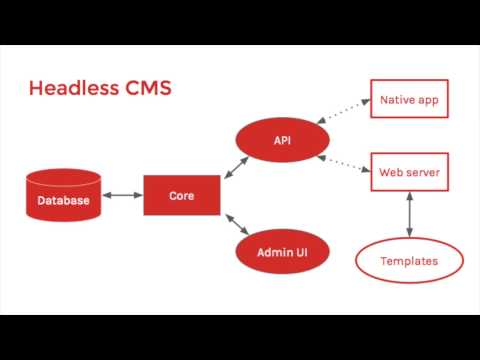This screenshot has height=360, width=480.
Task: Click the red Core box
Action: pyautogui.click(x=181, y=194)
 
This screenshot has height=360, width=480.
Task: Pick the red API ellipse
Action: pyautogui.click(x=281, y=140)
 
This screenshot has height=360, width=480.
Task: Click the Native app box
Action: pyautogui.click(x=409, y=100)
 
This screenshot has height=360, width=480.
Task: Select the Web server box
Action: pyautogui.click(x=409, y=172)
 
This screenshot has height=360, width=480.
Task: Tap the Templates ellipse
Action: pyautogui.click(x=409, y=261)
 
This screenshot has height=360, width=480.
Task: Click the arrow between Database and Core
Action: pyautogui.click(x=122, y=194)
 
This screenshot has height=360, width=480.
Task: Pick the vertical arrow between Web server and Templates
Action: pyautogui.click(x=409, y=213)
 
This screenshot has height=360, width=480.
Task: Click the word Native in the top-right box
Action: pyautogui.click(x=398, y=100)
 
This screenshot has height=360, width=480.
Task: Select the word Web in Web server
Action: pyautogui.click(x=390, y=172)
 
